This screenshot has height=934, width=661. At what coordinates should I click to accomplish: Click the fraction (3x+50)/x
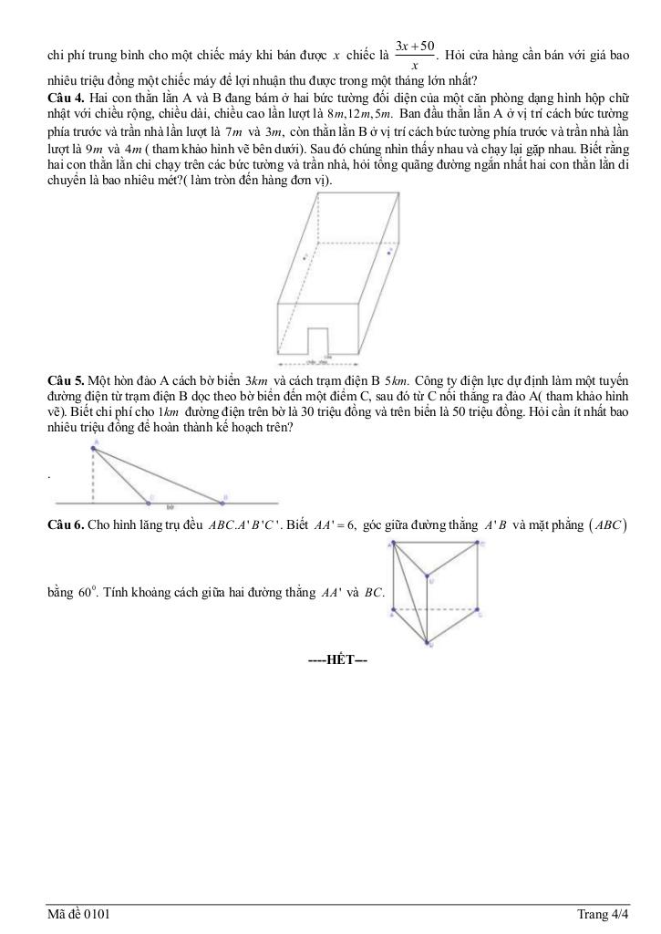click(415, 54)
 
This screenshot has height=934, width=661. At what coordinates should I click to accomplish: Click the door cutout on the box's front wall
click(318, 338)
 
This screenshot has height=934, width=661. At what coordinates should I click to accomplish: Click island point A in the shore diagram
click(93, 447)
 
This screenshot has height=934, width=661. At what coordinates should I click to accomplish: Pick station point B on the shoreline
click(222, 501)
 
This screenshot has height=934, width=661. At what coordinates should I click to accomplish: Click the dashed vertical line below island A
click(93, 474)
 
